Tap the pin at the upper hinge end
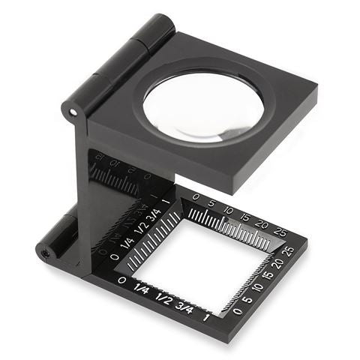click(73, 112)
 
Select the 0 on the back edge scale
click(196, 198)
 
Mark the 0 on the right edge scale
click(238, 310)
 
